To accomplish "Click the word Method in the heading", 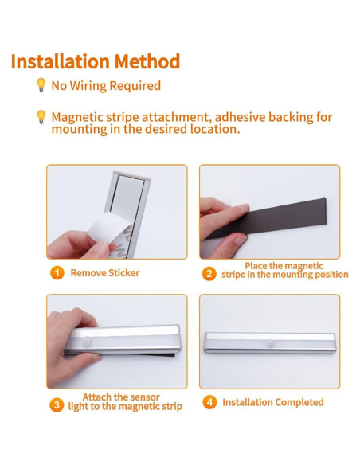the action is point(147,61).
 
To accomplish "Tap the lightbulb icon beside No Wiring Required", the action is point(41,85).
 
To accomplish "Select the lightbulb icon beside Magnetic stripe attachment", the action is point(41,117).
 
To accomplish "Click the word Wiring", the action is point(88,86).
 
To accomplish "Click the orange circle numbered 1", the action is point(57,273).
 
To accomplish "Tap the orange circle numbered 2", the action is point(209,273).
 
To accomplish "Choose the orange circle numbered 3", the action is point(57,405).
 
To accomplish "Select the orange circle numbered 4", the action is point(209,402).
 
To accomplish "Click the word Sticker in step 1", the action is point(123,273).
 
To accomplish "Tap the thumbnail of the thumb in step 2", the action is point(241,239).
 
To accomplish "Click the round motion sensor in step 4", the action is point(271,343).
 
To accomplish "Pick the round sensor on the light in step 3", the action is point(87,342).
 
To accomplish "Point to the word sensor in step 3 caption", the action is point(145,397).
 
